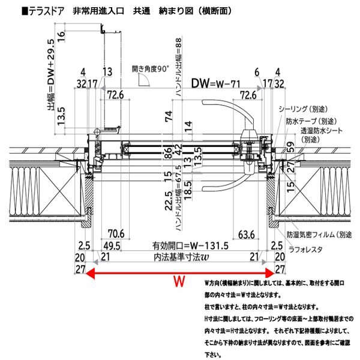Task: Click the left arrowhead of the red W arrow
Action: tap(90, 272)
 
